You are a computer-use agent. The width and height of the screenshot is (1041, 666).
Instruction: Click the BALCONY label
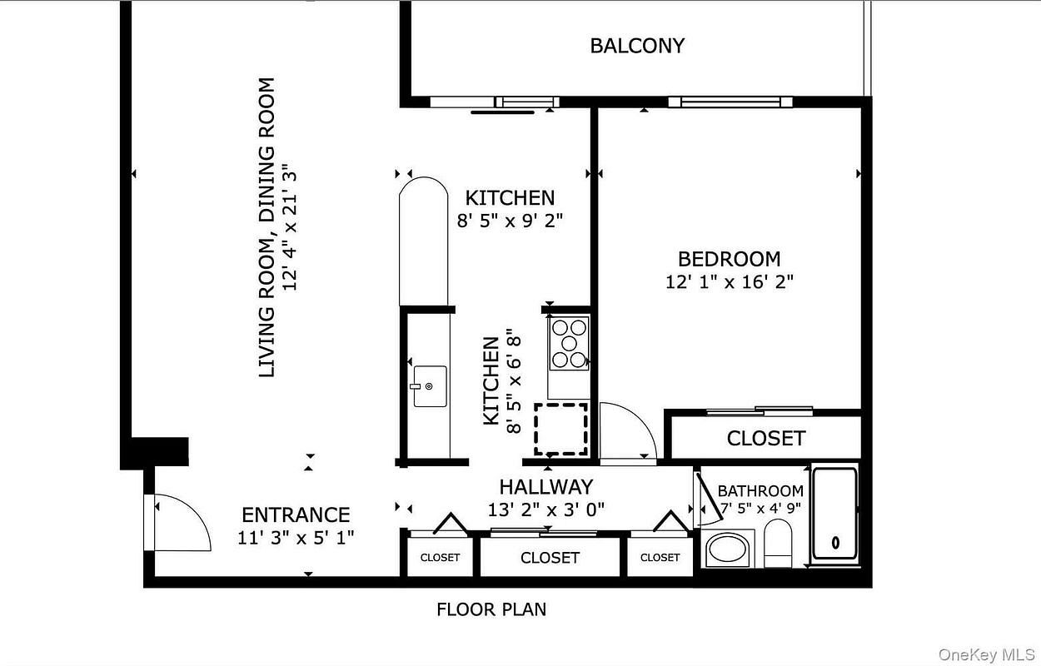(637, 46)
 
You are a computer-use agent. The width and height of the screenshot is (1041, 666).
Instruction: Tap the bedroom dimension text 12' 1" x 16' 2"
(730, 282)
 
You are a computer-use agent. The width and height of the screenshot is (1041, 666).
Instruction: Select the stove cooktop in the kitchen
(569, 343)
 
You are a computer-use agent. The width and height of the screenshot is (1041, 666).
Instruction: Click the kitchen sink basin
(430, 386)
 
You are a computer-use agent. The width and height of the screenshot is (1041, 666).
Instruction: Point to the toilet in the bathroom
(778, 543)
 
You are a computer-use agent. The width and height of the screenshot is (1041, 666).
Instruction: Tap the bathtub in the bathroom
(835, 514)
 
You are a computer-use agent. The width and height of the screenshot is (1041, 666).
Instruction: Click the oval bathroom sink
(727, 549)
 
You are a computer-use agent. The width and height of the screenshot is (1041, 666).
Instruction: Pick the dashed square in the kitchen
(561, 429)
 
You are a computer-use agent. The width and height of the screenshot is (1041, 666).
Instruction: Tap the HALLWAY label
(546, 487)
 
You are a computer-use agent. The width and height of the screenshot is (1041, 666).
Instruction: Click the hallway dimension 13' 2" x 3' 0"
(546, 510)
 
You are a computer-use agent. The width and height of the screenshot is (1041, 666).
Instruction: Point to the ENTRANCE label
(296, 515)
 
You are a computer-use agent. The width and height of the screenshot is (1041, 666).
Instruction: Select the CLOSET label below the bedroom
(766, 439)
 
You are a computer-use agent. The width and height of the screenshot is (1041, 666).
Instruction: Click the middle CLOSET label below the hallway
(550, 558)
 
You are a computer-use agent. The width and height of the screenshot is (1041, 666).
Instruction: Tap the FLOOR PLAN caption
(491, 609)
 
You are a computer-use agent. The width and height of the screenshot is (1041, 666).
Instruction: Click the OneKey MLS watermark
(986, 655)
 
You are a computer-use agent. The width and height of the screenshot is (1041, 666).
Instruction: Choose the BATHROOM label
(760, 491)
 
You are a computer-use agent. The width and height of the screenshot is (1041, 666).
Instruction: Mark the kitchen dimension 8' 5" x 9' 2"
(510, 221)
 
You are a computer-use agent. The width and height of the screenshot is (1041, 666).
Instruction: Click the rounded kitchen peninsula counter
(423, 241)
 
